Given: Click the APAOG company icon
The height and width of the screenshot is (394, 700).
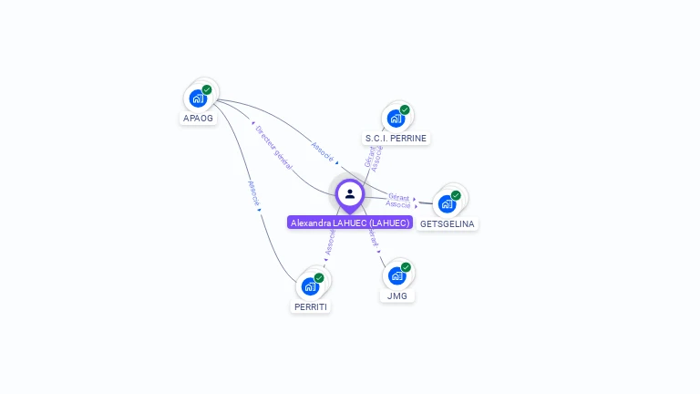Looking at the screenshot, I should coord(198,98).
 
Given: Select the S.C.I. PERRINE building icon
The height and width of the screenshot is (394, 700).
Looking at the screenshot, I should coord(396,119).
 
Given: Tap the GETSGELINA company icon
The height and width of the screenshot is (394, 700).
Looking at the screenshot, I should coord(447,203).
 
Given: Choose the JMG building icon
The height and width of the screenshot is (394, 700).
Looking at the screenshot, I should coord(396,275).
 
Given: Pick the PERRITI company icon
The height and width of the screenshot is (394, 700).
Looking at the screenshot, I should coord(310,286).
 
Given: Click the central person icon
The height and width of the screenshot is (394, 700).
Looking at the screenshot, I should coord(350,193).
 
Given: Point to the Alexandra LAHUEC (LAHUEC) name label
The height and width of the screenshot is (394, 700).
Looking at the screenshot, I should coord(350,223).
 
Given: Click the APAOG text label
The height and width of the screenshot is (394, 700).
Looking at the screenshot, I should coord(198,119).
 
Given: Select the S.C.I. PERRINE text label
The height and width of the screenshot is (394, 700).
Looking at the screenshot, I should coord(396,139).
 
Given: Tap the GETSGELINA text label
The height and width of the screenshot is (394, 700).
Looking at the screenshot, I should coord(448,223).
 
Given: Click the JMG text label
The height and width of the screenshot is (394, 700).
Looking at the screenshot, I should coord(396,295).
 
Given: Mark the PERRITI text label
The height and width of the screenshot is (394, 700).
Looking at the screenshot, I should coord(311,307).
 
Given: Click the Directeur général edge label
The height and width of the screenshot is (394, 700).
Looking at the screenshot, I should coord(273,146).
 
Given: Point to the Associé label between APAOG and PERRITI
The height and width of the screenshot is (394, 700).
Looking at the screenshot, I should coord(253,192).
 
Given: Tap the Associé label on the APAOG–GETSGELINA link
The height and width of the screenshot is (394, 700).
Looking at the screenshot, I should coord(324,152).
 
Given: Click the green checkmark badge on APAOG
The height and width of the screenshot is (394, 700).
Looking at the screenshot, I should coord(207,90).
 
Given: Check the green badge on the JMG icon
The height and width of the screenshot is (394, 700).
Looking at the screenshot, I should coord(406,267).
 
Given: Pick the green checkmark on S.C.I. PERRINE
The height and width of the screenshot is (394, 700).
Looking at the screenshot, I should coord(405,110).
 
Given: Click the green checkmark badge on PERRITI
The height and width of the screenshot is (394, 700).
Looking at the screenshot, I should coord(319,278).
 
